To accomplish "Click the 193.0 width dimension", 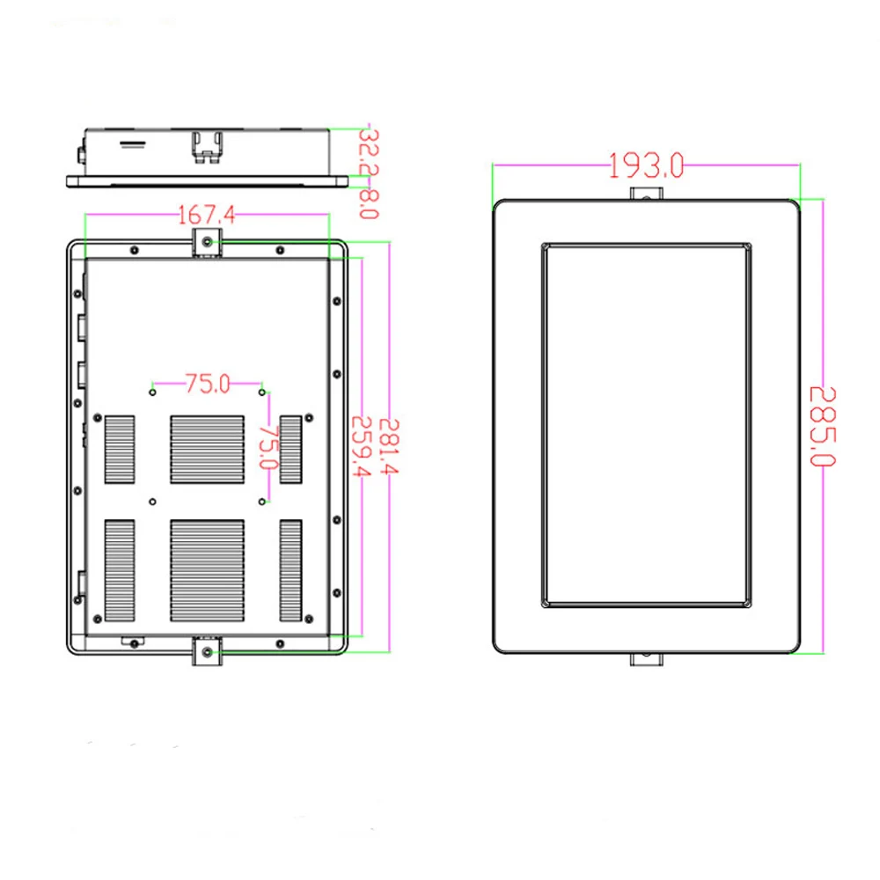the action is pos(647,166).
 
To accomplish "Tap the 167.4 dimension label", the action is pos(207,215).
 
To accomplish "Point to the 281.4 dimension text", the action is pos(388,447).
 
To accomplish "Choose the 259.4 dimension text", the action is pos(362,447).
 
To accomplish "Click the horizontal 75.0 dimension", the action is pos(208,384).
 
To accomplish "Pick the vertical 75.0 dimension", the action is pos(268,447).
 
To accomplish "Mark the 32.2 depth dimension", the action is pos(369,152).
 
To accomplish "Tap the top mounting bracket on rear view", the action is pos(207,243).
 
